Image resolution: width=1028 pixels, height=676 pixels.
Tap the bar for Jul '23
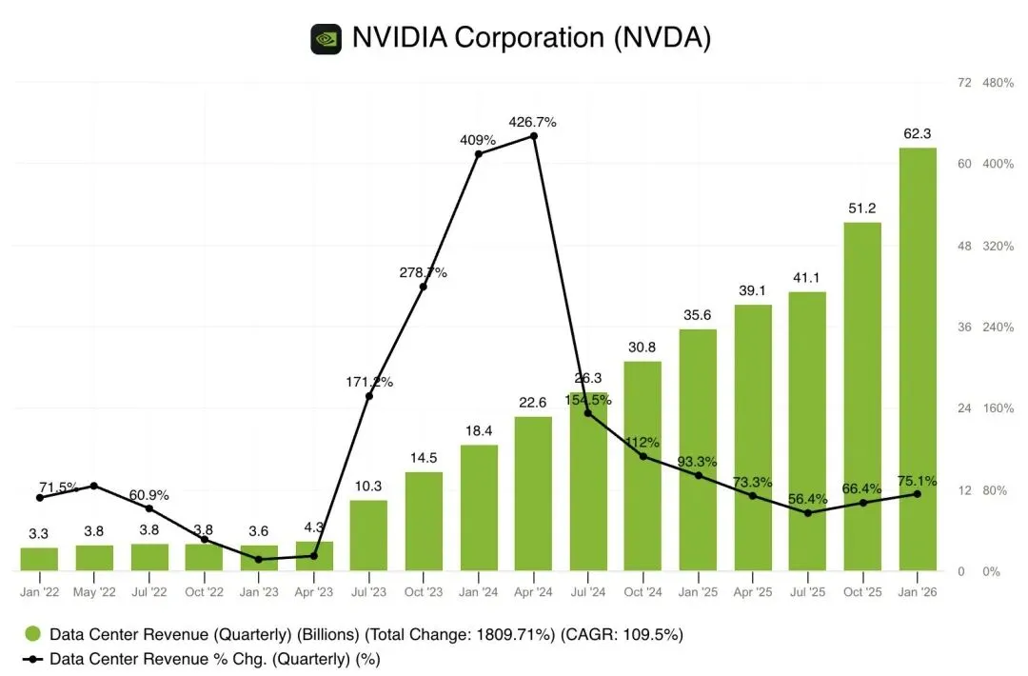tap(368, 535)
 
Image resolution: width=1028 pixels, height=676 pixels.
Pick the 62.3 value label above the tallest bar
tap(917, 134)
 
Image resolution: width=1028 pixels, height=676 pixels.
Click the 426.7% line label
tap(533, 122)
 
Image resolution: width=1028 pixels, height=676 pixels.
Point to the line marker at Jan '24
tap(479, 154)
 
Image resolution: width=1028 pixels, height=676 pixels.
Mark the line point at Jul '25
tap(807, 513)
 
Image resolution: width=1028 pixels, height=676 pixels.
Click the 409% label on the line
tap(478, 139)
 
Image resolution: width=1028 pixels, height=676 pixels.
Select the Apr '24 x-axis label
tap(533, 592)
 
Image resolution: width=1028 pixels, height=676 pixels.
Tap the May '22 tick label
tap(94, 592)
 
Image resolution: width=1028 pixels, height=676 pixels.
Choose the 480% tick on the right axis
tap(998, 83)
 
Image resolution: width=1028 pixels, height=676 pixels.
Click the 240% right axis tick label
tap(998, 328)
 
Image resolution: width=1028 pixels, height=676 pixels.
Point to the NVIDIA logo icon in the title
tap(326, 39)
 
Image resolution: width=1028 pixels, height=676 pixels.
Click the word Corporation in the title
tap(529, 38)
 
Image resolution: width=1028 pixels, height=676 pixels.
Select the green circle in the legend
tap(33, 634)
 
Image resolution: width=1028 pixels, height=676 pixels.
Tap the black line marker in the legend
tap(33, 658)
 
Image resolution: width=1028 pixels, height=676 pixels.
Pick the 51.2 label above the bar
tap(862, 209)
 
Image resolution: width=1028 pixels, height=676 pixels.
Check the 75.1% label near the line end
tap(917, 480)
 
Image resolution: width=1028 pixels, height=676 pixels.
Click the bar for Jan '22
tap(39, 559)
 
